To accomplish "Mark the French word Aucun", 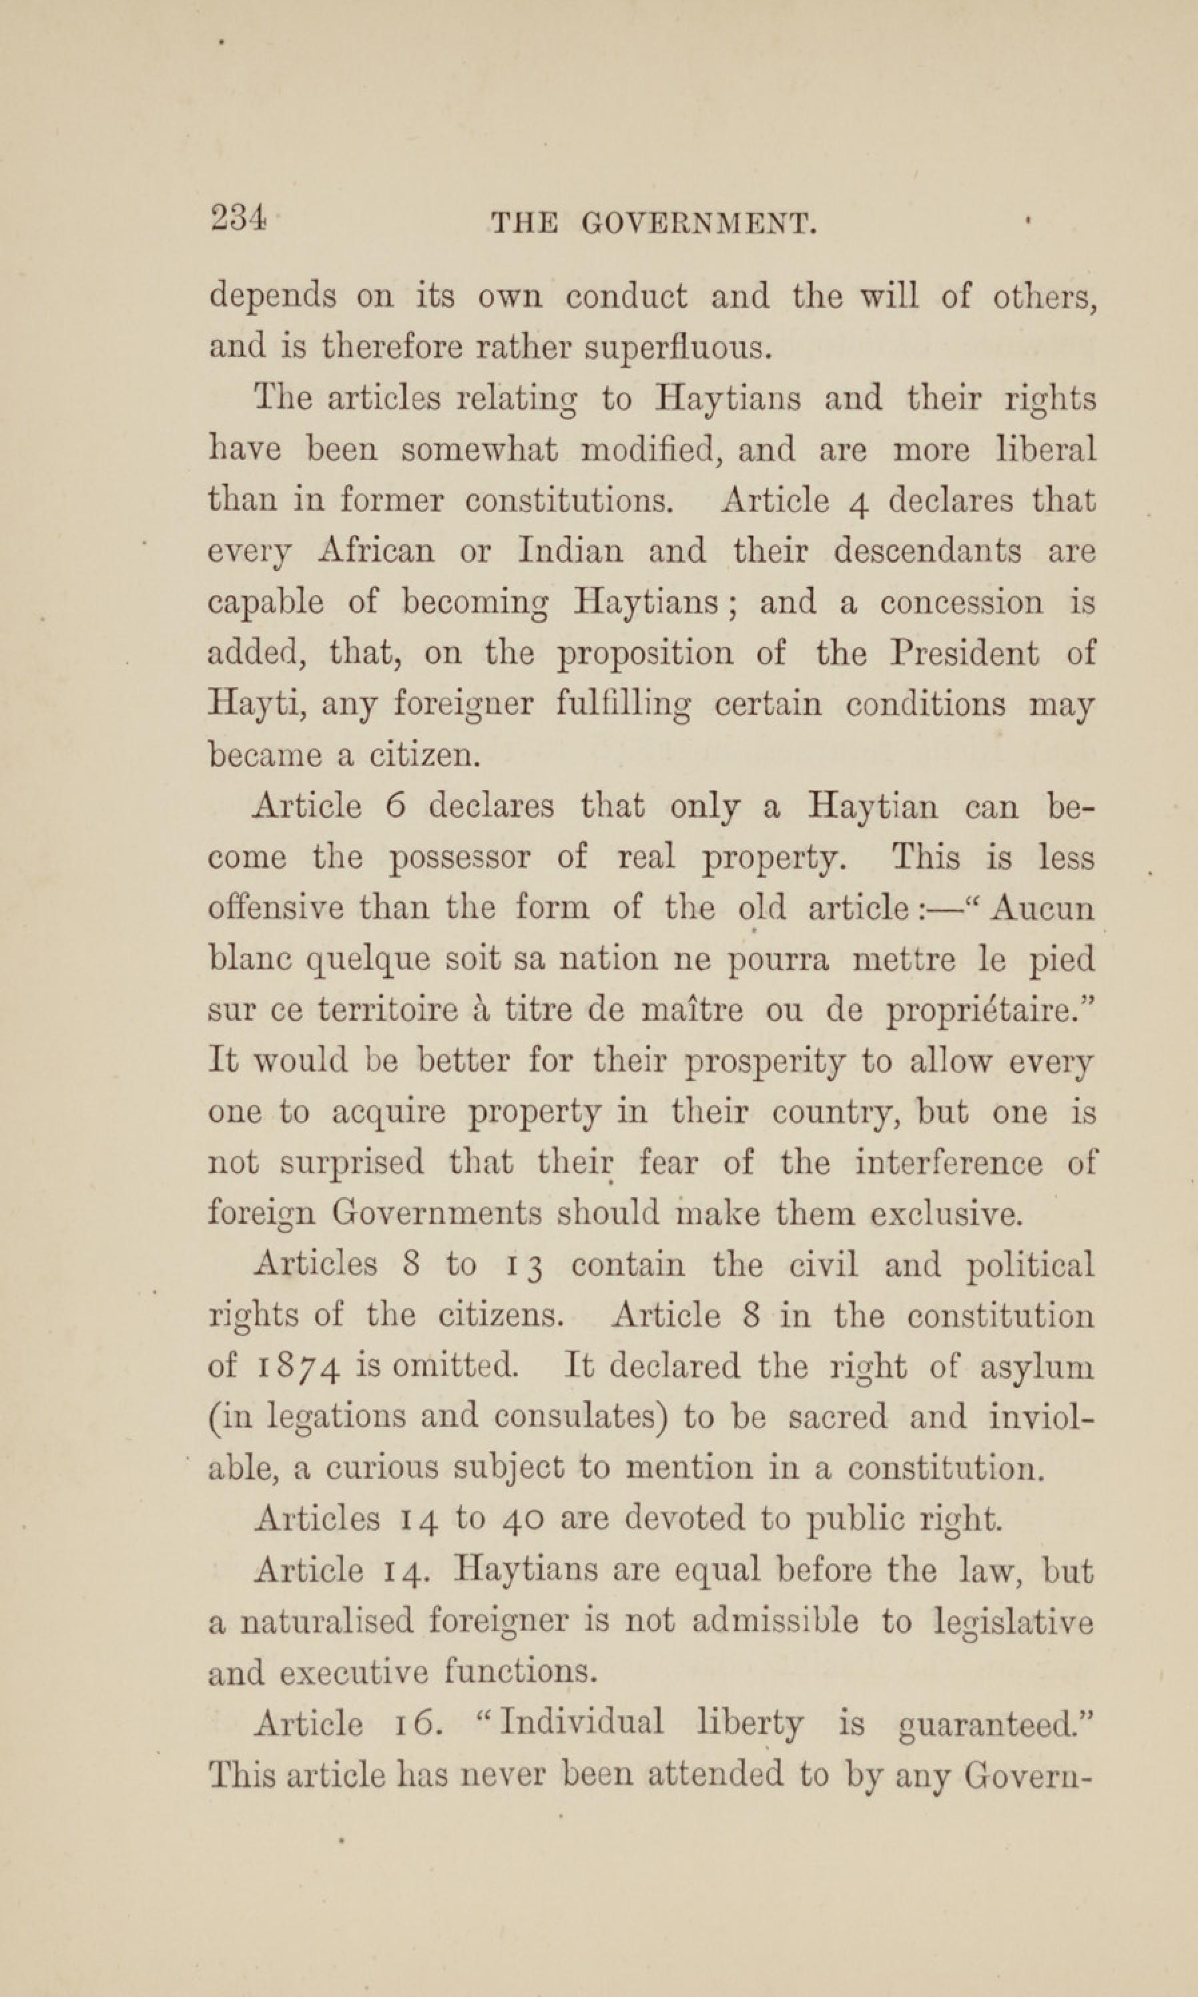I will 1044,909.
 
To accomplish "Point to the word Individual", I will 582,1723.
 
